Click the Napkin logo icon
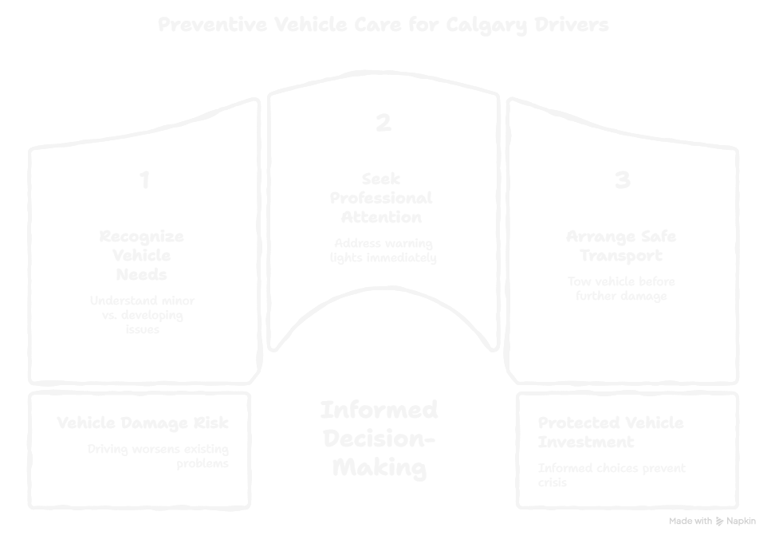[x=721, y=521]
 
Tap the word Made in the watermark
[x=679, y=521]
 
